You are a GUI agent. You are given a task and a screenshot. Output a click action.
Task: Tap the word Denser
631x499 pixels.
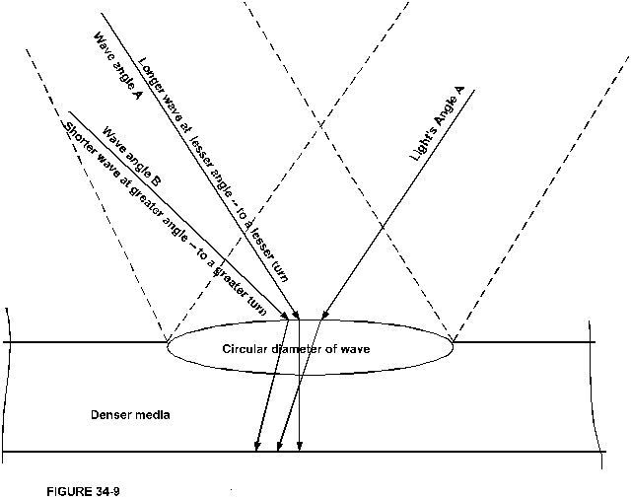105,414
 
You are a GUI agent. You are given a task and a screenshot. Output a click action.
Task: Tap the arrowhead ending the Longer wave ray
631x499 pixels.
296,316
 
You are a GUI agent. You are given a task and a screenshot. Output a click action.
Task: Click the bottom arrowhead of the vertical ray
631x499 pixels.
301,446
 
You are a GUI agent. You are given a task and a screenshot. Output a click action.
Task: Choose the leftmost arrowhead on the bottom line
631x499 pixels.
257,445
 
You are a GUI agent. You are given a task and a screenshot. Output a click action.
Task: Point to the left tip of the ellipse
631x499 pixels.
169,342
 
